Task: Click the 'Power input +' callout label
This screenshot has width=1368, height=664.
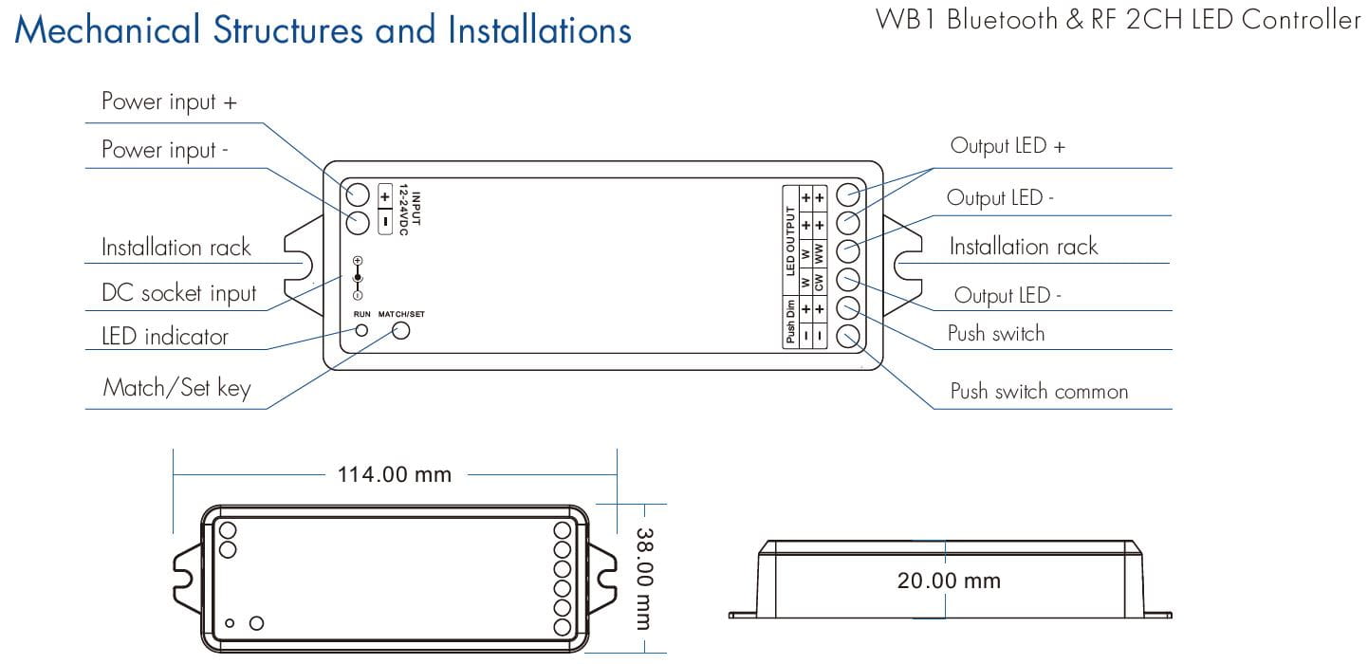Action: click(169, 101)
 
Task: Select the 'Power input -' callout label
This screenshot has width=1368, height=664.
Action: click(165, 151)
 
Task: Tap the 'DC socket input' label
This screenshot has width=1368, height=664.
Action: click(178, 294)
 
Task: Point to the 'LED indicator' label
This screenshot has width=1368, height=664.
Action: click(165, 337)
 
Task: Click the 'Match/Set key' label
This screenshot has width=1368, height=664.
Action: click(176, 387)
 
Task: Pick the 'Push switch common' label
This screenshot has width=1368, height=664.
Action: click(1039, 392)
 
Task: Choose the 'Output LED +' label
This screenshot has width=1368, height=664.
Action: click(1008, 146)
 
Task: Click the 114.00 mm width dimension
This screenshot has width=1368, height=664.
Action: click(395, 473)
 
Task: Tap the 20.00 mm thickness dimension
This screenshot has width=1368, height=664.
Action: click(949, 581)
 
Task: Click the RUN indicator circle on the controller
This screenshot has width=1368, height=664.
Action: click(361, 330)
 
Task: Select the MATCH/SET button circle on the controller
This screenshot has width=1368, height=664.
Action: click(401, 330)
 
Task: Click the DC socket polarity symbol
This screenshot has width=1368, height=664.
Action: click(357, 278)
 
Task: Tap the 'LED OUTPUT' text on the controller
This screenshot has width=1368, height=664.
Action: click(789, 241)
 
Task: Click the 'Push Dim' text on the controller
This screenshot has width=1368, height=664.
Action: click(789, 323)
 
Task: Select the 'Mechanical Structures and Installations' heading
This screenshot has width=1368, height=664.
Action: click(324, 30)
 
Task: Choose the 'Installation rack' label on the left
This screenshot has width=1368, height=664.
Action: click(176, 248)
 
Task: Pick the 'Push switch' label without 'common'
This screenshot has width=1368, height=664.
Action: click(996, 334)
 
